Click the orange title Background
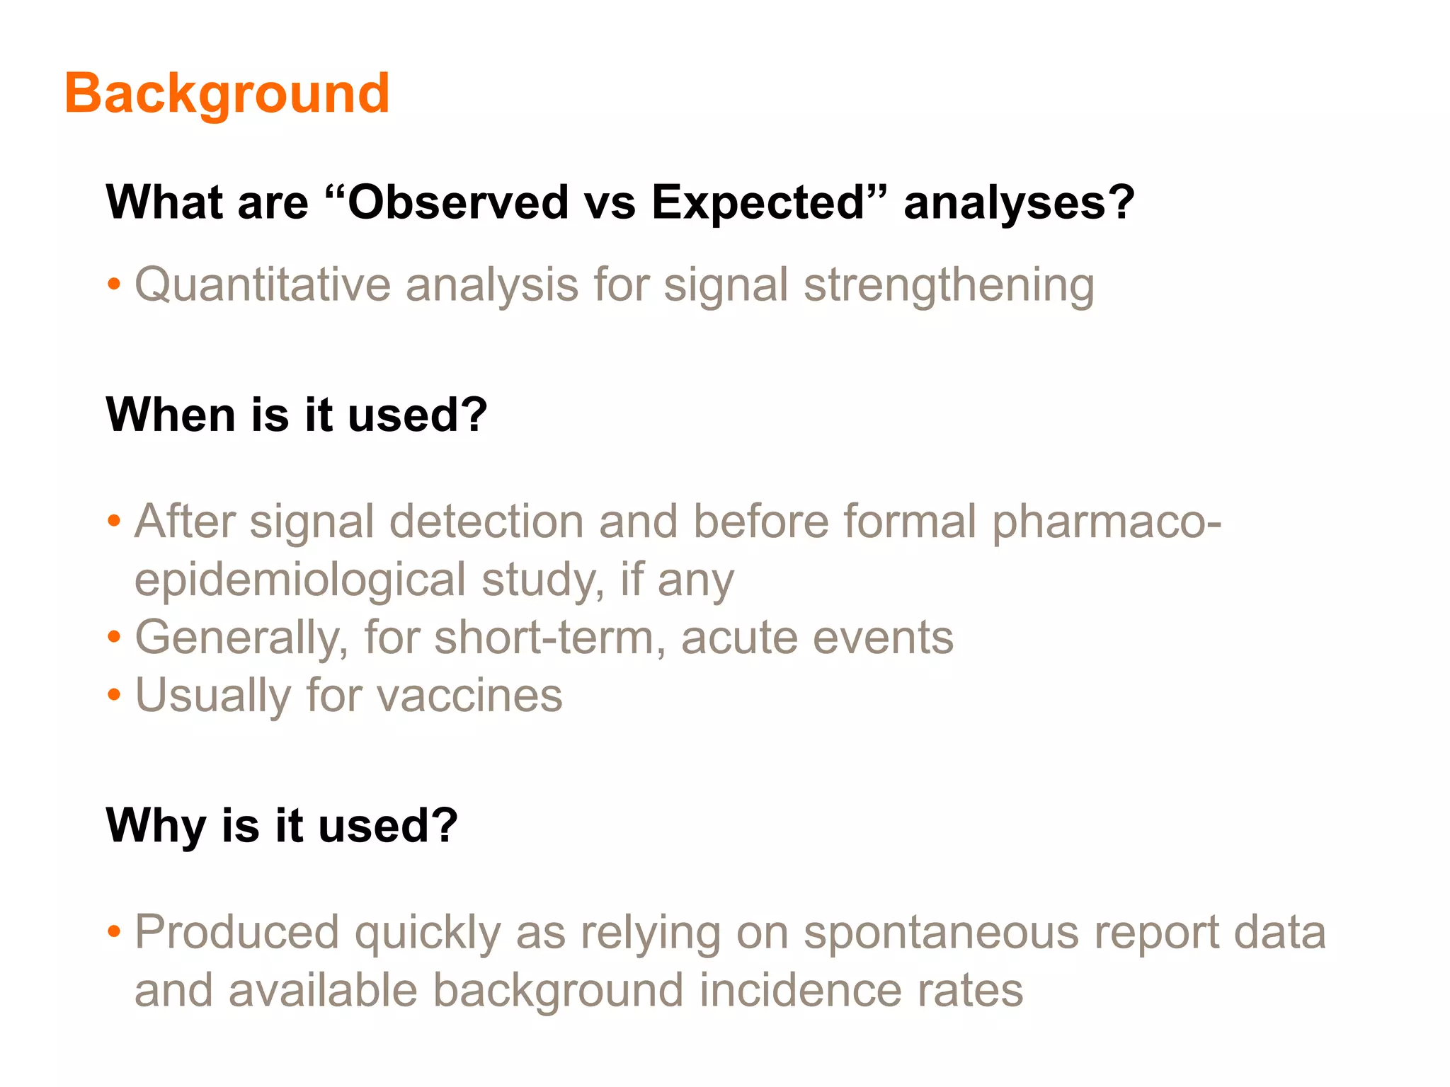pos(227,93)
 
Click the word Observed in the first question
pos(458,202)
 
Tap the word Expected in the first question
pos(759,202)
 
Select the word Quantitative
pos(262,285)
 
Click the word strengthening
pos(949,285)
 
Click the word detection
pos(486,522)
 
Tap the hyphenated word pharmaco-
pos(1106,522)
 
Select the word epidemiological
pos(300,580)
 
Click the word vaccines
pos(469,696)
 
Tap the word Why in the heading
pos(155,826)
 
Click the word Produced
pos(236,933)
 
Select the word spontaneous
pos(941,933)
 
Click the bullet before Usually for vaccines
pos(114,696)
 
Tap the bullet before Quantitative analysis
pos(114,286)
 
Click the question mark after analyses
pos(1121,202)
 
